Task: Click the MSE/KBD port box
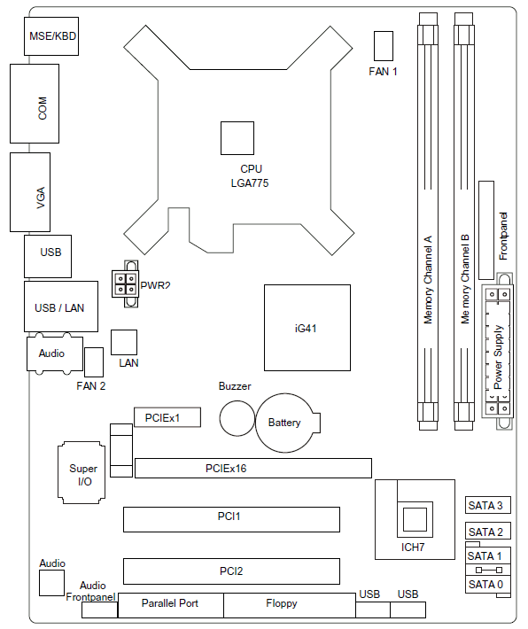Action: point(51,36)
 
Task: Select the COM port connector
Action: point(35,104)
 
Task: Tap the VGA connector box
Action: point(30,192)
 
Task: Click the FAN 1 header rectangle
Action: point(384,46)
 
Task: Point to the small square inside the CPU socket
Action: point(237,138)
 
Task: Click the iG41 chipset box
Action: point(307,328)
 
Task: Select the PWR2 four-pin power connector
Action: point(126,283)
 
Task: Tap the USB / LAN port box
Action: point(61,307)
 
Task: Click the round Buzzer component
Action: point(237,418)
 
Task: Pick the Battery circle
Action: point(285,423)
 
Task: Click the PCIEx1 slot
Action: point(167,417)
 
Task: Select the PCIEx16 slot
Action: point(253,468)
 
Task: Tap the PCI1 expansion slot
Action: point(231,519)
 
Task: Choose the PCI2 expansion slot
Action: point(231,571)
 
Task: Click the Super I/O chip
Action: point(82,472)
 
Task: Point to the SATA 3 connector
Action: point(488,505)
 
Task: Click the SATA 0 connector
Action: point(488,584)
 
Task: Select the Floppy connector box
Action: point(290,605)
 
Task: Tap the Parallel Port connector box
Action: point(170,605)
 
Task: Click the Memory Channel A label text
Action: point(428,280)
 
